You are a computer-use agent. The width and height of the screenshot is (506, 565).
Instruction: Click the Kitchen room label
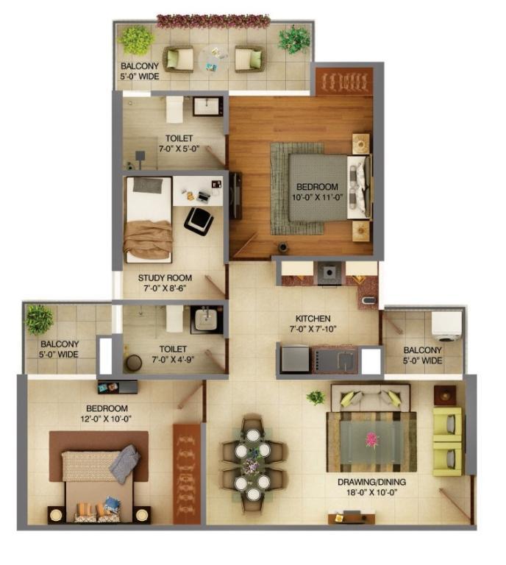pos(313,319)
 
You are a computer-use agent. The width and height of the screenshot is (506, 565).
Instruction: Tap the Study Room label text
pos(165,278)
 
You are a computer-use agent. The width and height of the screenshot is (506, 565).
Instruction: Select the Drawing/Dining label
pos(371,482)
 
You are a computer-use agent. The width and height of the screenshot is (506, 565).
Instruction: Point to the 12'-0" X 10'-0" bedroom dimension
pos(106,419)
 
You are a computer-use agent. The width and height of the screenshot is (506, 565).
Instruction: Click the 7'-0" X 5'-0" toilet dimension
pos(179,149)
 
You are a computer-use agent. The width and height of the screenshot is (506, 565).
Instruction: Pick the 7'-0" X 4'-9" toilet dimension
pos(174,360)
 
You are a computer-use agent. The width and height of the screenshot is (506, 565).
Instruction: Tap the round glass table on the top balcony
pos(214,59)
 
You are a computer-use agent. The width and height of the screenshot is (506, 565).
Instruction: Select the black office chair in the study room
pos(199,220)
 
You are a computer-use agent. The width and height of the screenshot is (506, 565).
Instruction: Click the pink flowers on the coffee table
pos(372,441)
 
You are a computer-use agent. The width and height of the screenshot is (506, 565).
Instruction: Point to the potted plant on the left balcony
pos(39,319)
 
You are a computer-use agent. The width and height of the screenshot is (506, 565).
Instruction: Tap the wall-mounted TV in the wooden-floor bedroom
pos(236,195)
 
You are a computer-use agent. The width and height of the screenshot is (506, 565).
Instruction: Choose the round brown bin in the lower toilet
pos(133,363)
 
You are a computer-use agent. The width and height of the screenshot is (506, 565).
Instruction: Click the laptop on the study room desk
pos(204,196)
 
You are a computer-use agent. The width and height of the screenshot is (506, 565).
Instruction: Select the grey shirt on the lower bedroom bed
pos(124,463)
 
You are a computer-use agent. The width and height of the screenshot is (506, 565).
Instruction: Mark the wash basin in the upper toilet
pos(208,106)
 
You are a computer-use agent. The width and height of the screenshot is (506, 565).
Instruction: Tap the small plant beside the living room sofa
pos(316,397)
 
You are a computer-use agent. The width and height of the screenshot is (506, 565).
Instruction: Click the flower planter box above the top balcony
pos(213,21)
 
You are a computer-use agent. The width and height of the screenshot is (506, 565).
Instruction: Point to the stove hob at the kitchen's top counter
pos(329,273)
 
